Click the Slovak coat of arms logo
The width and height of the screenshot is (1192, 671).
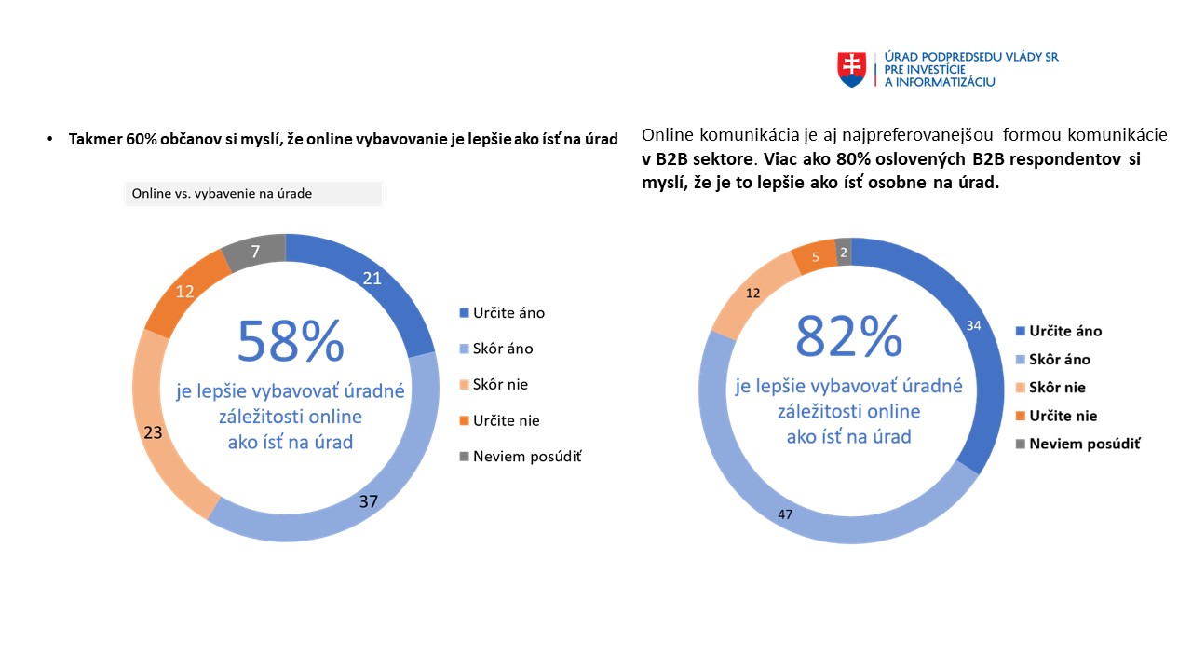pos(851,69)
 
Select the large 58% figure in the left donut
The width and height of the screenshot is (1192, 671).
pos(291,341)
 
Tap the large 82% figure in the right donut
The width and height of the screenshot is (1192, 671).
pos(848,335)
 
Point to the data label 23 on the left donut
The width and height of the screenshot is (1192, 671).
pos(154,431)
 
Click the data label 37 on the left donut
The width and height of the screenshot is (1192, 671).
pos(369,501)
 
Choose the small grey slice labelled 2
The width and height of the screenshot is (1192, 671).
pos(844,253)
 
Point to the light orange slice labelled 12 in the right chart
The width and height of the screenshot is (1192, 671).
pos(752,294)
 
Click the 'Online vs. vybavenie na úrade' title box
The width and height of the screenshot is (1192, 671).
pos(253,193)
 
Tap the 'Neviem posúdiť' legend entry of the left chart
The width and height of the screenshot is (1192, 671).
pos(527,457)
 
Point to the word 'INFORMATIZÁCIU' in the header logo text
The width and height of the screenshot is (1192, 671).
pos(943,82)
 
